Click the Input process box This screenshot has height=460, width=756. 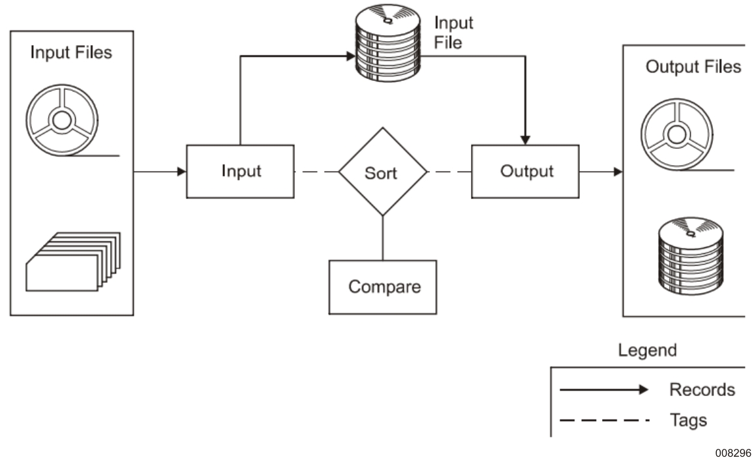(241, 172)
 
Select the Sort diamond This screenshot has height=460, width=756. (382, 172)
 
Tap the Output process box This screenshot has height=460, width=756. (526, 172)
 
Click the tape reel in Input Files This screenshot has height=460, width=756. (62, 121)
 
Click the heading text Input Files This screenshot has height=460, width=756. (71, 52)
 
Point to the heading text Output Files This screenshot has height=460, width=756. (693, 67)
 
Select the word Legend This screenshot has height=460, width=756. (647, 350)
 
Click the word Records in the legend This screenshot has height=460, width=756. (702, 390)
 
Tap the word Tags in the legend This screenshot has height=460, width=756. (688, 420)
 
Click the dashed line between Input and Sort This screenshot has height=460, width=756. (316, 172)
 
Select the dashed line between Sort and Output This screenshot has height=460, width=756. (450, 172)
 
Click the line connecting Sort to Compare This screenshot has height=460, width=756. (382, 239)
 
